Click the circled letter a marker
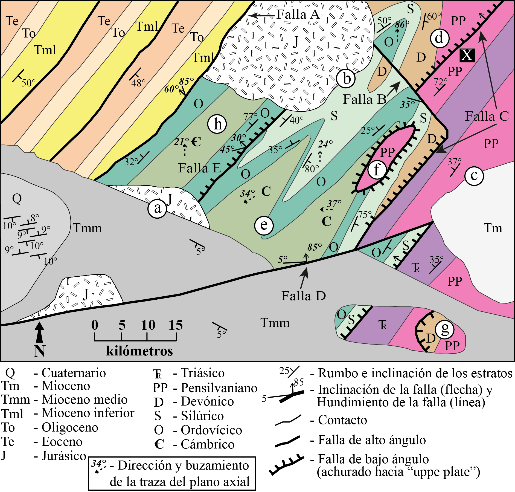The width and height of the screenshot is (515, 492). coord(157,209)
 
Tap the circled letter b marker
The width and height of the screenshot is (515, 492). coord(346,79)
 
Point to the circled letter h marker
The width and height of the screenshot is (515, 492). coord(217,124)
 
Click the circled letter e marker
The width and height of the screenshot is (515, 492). coord(264,225)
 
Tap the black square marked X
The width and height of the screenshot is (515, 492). coord(467,55)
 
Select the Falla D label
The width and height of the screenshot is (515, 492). coord(304,296)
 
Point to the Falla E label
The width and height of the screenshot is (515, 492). coord(200,168)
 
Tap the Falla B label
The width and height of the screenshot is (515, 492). coord(365,99)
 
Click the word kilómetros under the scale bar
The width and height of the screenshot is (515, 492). coord(139,351)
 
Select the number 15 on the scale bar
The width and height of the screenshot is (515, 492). coord(176,325)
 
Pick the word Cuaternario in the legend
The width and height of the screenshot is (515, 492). coord(74,373)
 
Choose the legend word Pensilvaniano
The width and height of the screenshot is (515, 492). coord(219,388)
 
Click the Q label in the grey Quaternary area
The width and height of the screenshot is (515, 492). coord(17,198)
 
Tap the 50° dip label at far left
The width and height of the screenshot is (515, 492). coord(28,83)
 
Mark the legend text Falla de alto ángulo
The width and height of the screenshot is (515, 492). coord(372,440)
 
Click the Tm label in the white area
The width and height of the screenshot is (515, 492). coord(493,228)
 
